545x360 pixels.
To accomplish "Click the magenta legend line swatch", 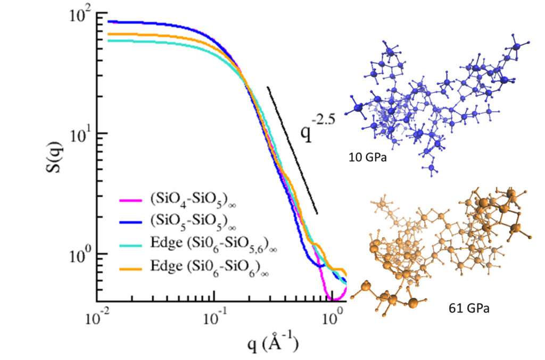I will (130, 201).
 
